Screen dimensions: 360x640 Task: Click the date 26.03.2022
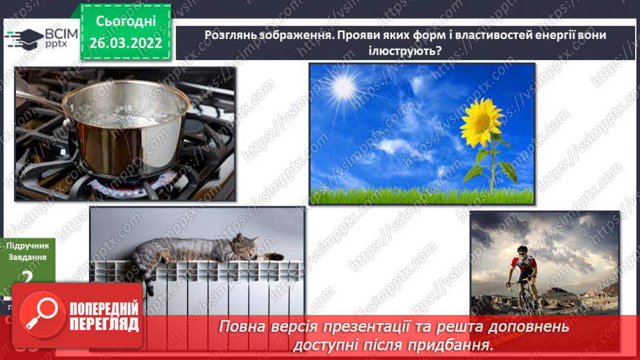[126, 43]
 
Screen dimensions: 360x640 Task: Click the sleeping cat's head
[245, 245]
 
